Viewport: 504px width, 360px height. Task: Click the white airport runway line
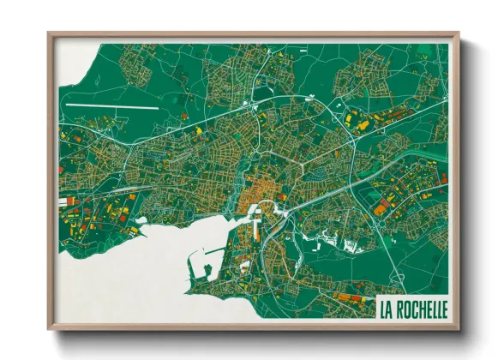pos(111,107)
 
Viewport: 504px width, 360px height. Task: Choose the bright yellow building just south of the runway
pos(198,129)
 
